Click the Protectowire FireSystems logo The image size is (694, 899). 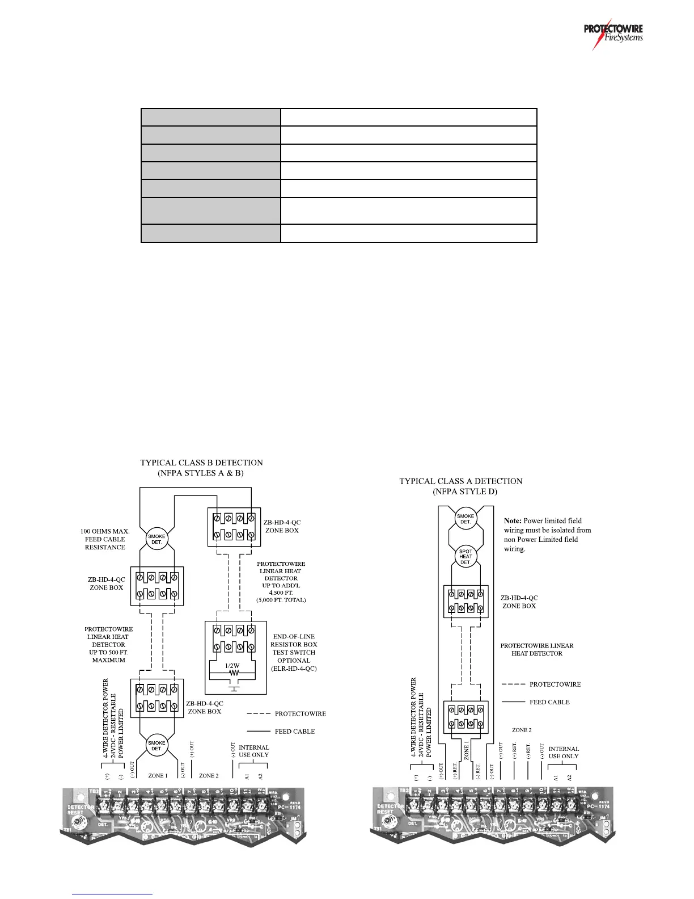[x=615, y=36]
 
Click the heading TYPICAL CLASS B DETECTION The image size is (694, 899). [x=201, y=463]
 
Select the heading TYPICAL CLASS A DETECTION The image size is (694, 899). [x=460, y=481]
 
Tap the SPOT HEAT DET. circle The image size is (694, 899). [x=466, y=557]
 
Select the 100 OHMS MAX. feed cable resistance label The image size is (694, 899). [x=105, y=539]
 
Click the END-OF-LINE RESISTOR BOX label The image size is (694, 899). [x=293, y=640]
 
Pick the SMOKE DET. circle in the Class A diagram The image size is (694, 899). [x=466, y=519]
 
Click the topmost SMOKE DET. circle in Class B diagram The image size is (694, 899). [x=156, y=539]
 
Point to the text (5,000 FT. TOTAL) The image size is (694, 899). [x=281, y=599]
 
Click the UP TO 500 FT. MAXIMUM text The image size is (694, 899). [x=108, y=656]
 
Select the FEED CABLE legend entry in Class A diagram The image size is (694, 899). [x=549, y=702]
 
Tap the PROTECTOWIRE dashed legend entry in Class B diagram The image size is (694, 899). [x=300, y=713]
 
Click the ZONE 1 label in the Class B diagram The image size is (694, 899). [x=156, y=775]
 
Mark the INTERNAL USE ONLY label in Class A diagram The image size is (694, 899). [x=564, y=753]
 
